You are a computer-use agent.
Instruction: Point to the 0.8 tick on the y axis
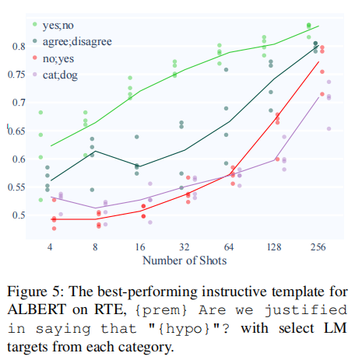19,47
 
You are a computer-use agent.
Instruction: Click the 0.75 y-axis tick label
16,75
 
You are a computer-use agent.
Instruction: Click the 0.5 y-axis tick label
19,215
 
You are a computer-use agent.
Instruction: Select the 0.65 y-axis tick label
16,131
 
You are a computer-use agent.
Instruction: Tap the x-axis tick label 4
50,246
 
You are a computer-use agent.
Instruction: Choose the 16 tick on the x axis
140,246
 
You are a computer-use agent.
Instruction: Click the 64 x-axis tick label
229,246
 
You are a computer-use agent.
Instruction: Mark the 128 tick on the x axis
274,246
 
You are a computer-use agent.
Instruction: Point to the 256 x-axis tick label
318,246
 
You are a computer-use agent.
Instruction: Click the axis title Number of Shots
185,260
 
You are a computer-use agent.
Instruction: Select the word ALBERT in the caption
37,309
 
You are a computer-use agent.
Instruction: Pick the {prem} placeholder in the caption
160,310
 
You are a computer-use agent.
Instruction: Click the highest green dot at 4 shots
40,113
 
